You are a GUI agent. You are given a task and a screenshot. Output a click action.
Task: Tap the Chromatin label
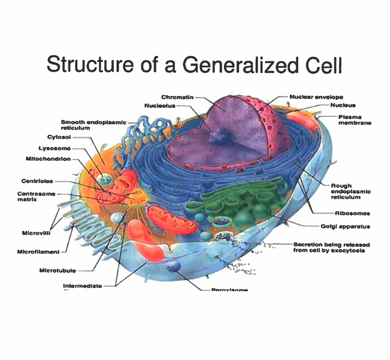[177, 97]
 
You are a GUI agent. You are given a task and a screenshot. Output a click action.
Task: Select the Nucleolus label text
[159, 106]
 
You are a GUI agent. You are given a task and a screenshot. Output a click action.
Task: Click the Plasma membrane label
[355, 119]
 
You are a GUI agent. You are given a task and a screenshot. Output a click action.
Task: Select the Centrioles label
[37, 181]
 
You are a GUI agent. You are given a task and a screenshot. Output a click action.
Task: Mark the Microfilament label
[38, 252]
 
